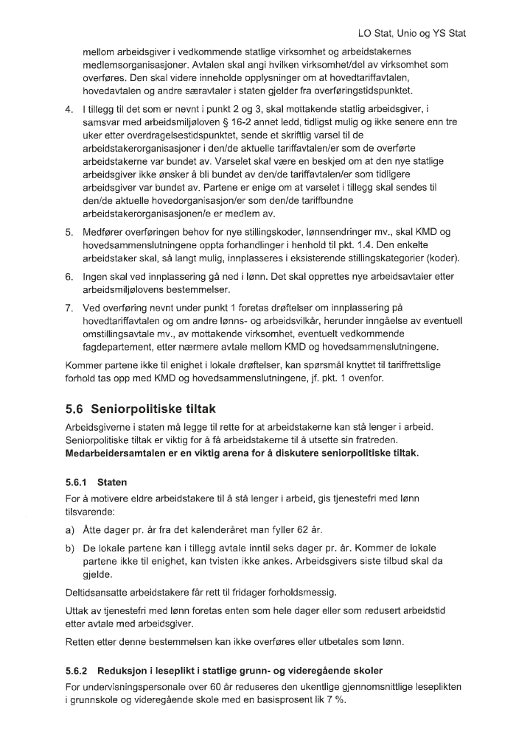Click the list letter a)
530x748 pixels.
pos(70,530)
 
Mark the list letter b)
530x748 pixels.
pos(70,548)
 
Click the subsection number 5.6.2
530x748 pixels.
pos(77,671)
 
